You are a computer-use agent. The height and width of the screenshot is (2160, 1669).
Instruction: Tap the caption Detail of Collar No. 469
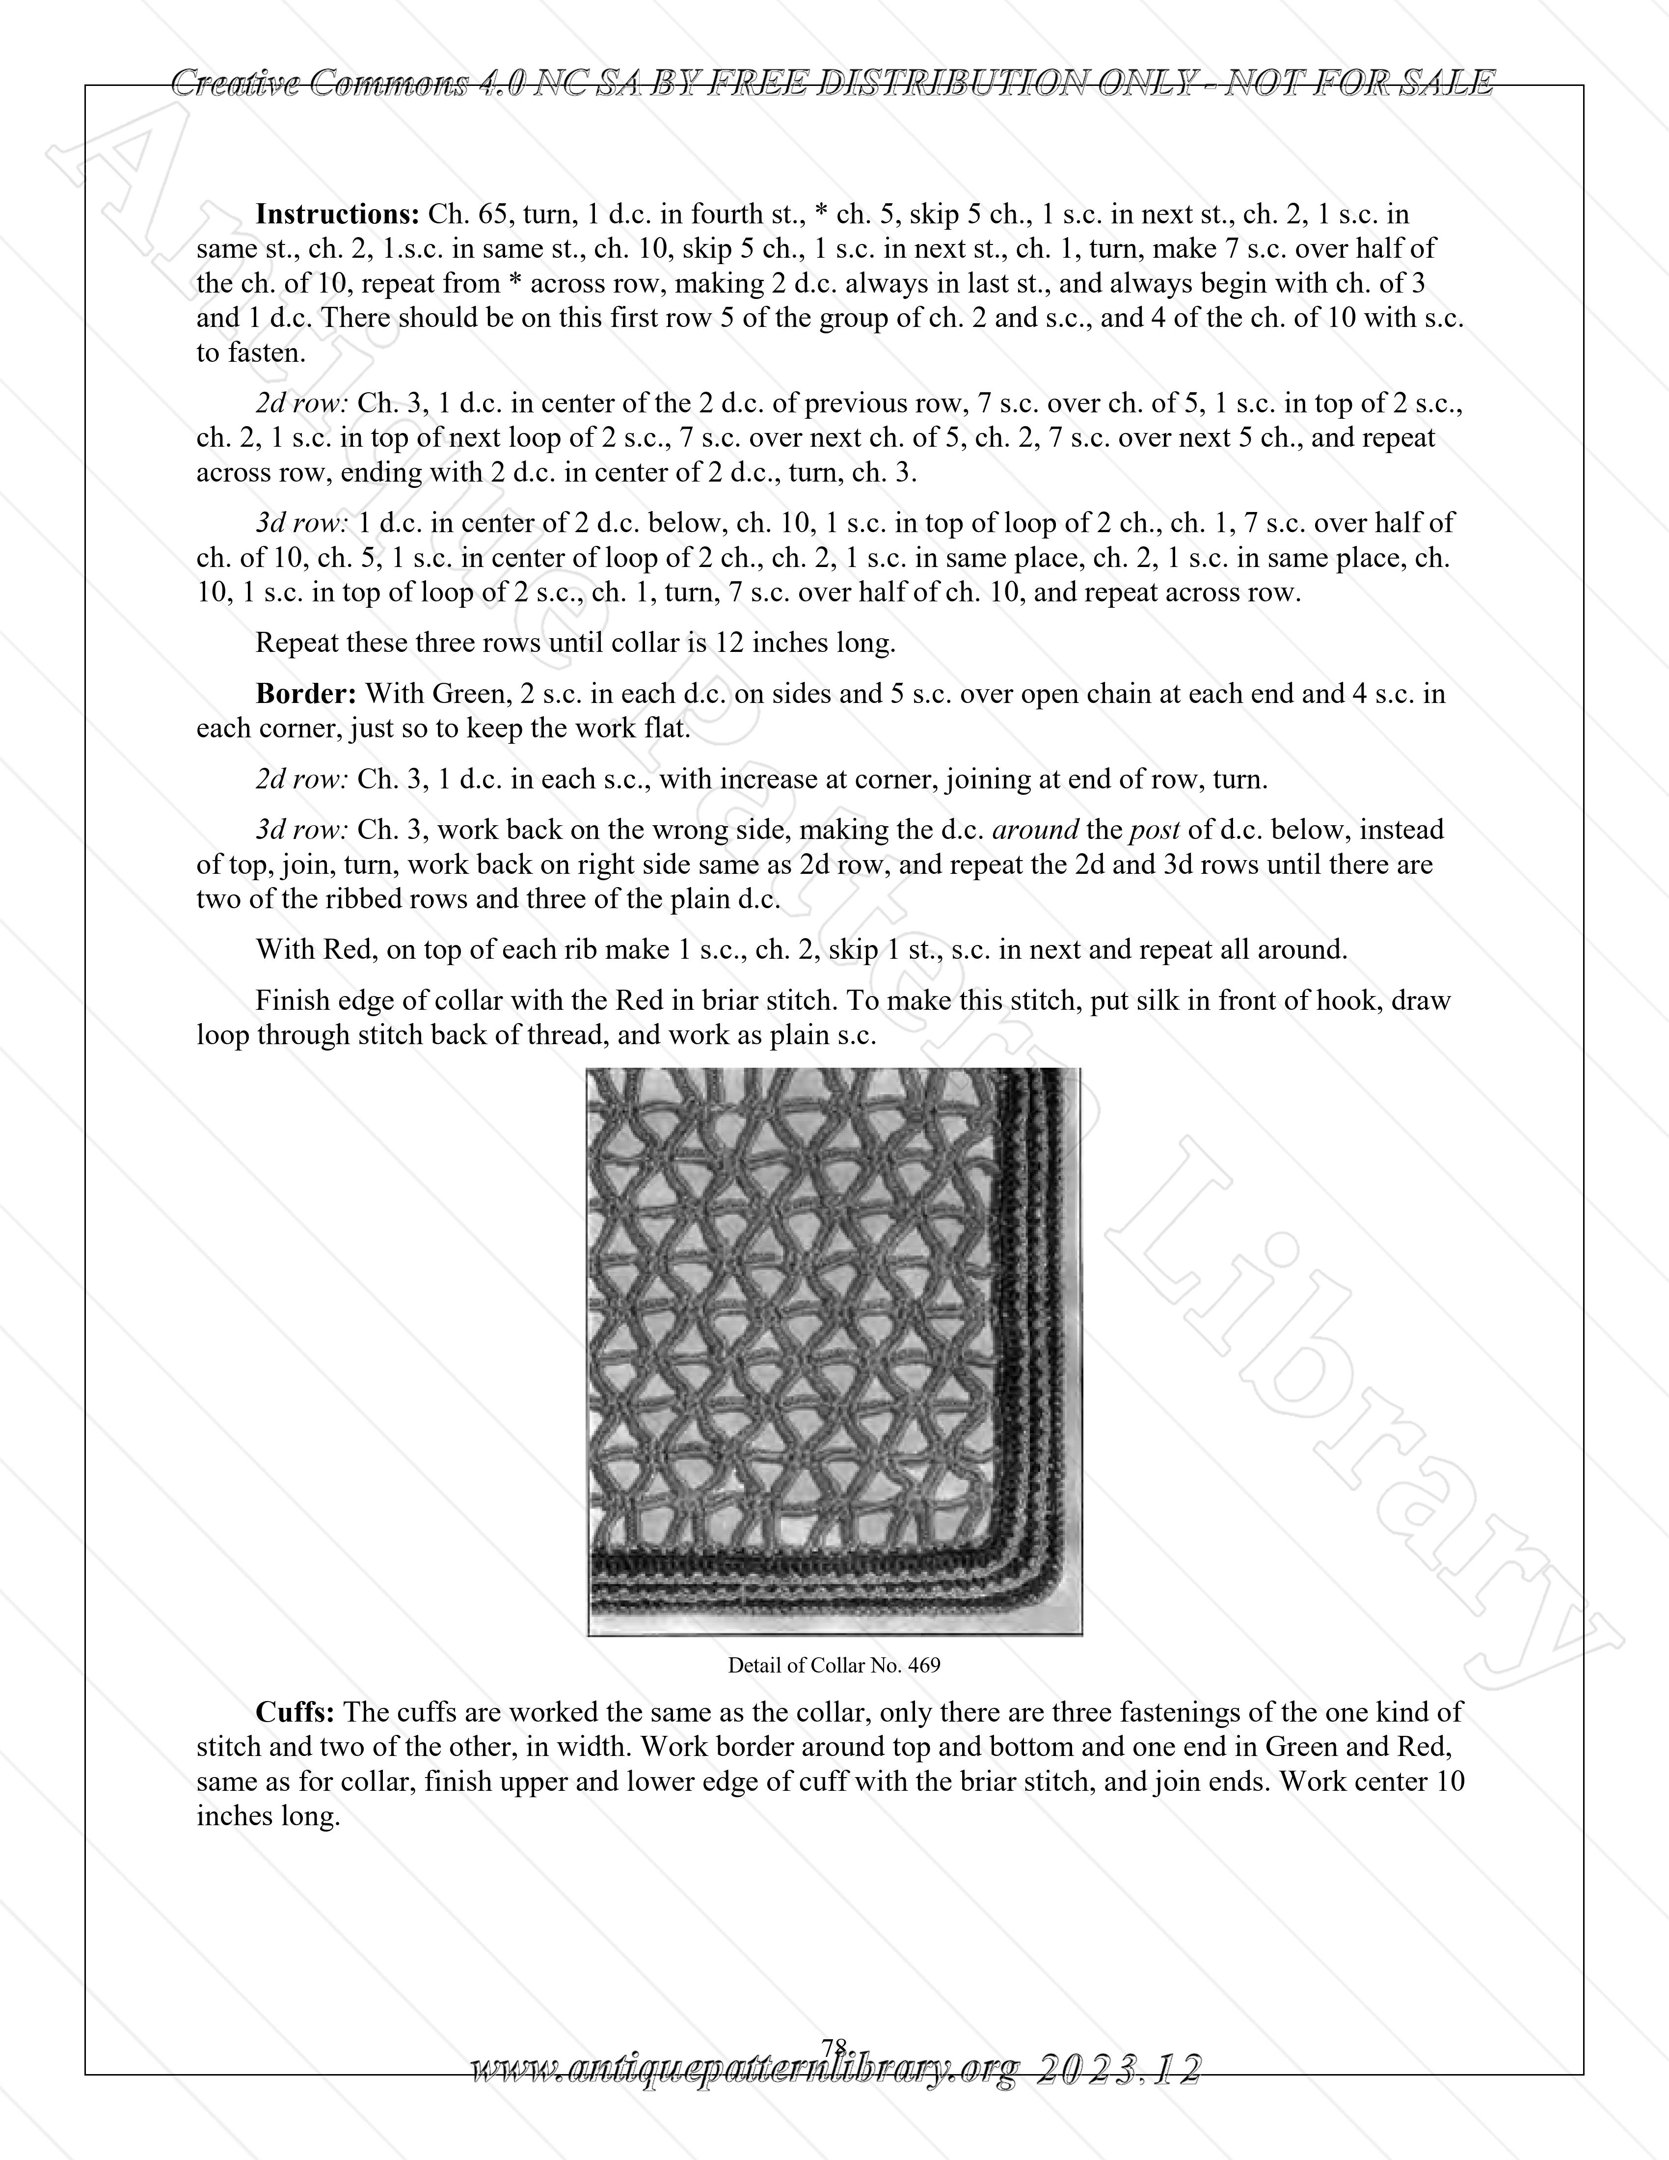[x=834, y=1666]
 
